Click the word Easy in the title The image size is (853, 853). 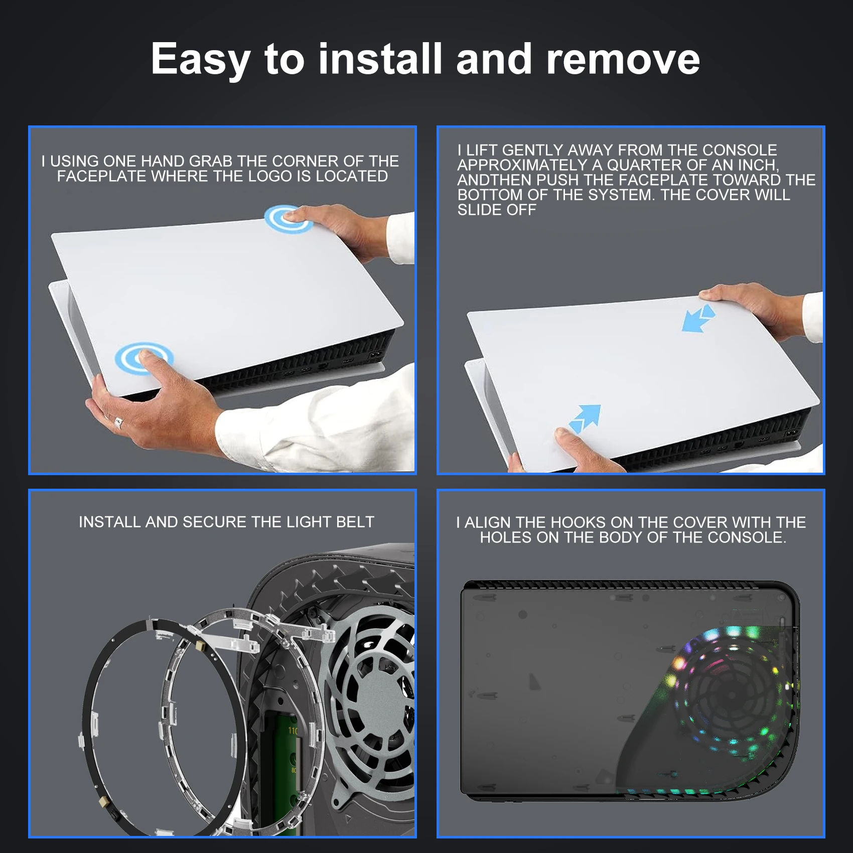tap(200, 60)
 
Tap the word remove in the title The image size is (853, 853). tap(623, 59)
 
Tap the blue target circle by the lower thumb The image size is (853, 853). tap(144, 358)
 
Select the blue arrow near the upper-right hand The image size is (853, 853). tap(698, 318)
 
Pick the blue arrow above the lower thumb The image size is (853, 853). tap(585, 417)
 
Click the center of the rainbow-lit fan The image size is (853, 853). tap(731, 695)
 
